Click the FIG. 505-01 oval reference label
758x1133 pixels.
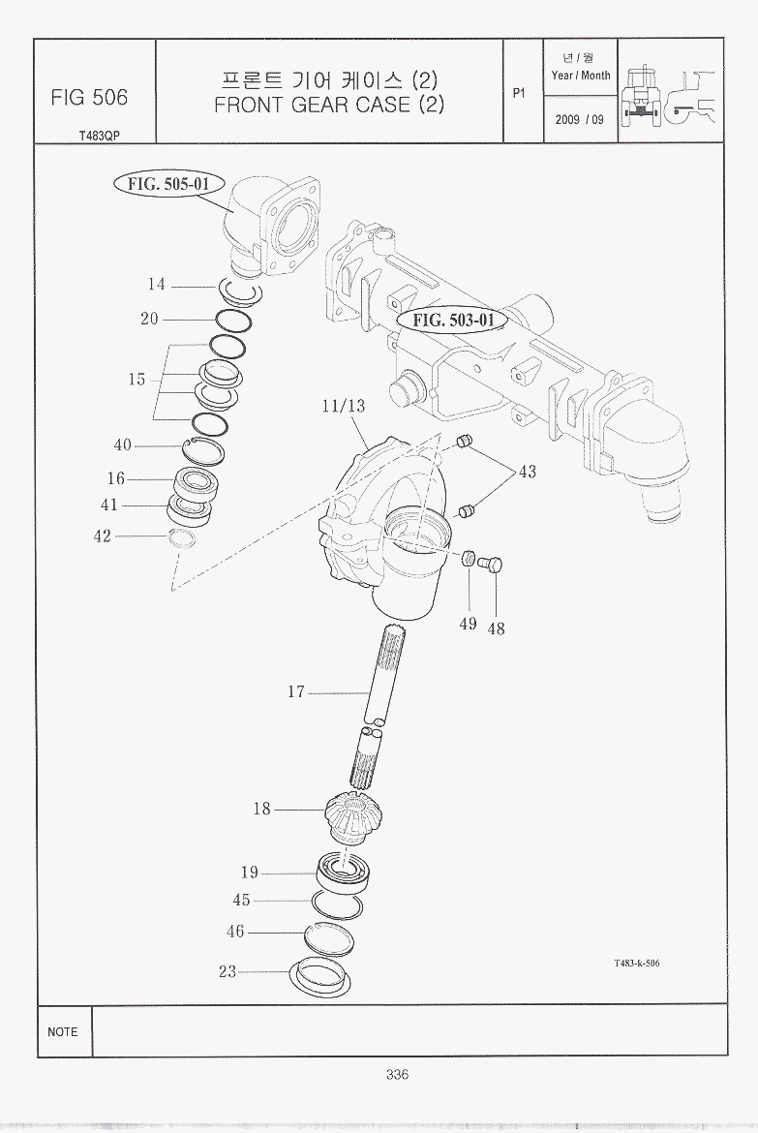tap(168, 184)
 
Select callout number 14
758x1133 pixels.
tap(157, 285)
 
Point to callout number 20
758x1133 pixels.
tap(150, 319)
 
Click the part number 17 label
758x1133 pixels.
tap(296, 692)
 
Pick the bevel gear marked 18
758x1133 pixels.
tap(353, 815)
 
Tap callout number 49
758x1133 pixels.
tap(469, 623)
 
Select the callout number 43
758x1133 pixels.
tap(528, 472)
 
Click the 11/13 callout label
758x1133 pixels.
tap(344, 406)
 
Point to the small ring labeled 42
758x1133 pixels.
tap(181, 538)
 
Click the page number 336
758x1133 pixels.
tap(398, 1075)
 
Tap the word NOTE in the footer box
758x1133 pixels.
tap(63, 1032)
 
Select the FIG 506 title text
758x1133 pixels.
tap(90, 98)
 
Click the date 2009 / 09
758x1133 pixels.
tap(580, 119)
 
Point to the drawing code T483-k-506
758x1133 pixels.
tap(637, 963)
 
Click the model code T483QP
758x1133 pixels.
tap(100, 136)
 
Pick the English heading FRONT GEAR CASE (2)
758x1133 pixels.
tap(329, 105)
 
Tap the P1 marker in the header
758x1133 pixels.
tap(519, 93)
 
